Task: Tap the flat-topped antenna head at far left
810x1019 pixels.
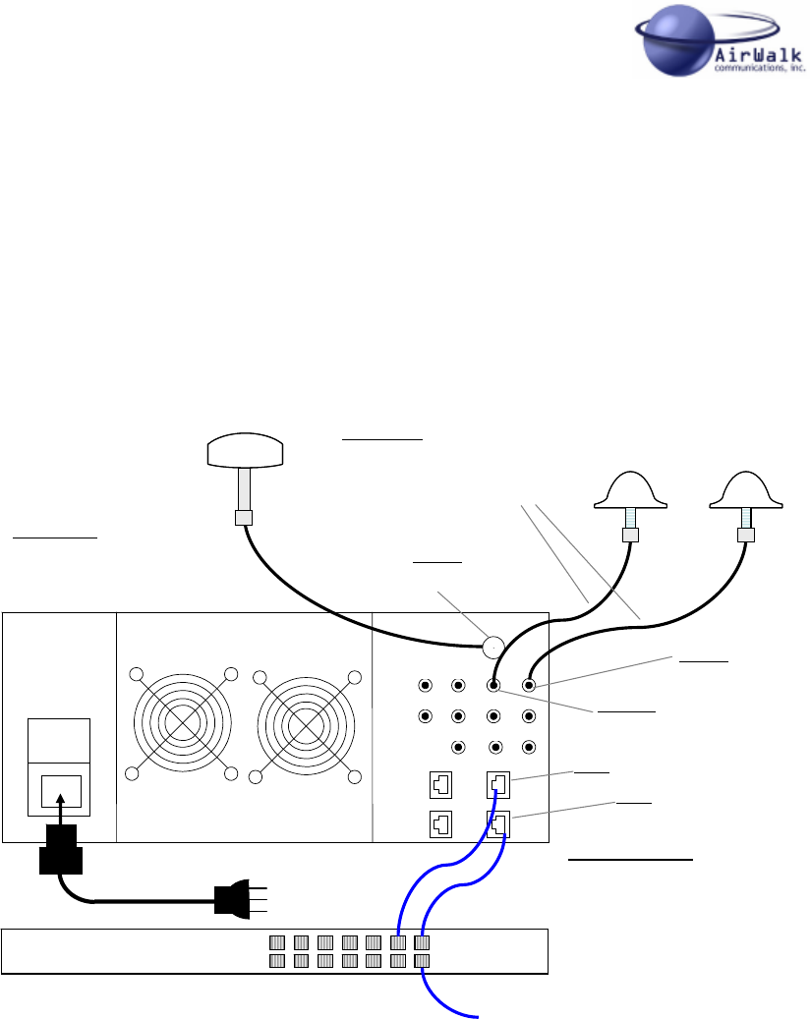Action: click(246, 452)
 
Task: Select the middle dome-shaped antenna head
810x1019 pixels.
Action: click(631, 491)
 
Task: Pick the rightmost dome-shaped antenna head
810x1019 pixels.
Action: click(746, 491)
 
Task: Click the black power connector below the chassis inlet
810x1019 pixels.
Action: click(61, 850)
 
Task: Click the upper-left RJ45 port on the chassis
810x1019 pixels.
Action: click(439, 785)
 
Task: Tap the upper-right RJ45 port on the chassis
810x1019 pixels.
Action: click(497, 785)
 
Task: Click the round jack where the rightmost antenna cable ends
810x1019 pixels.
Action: click(530, 685)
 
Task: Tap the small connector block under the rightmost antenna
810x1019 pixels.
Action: click(746, 536)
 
